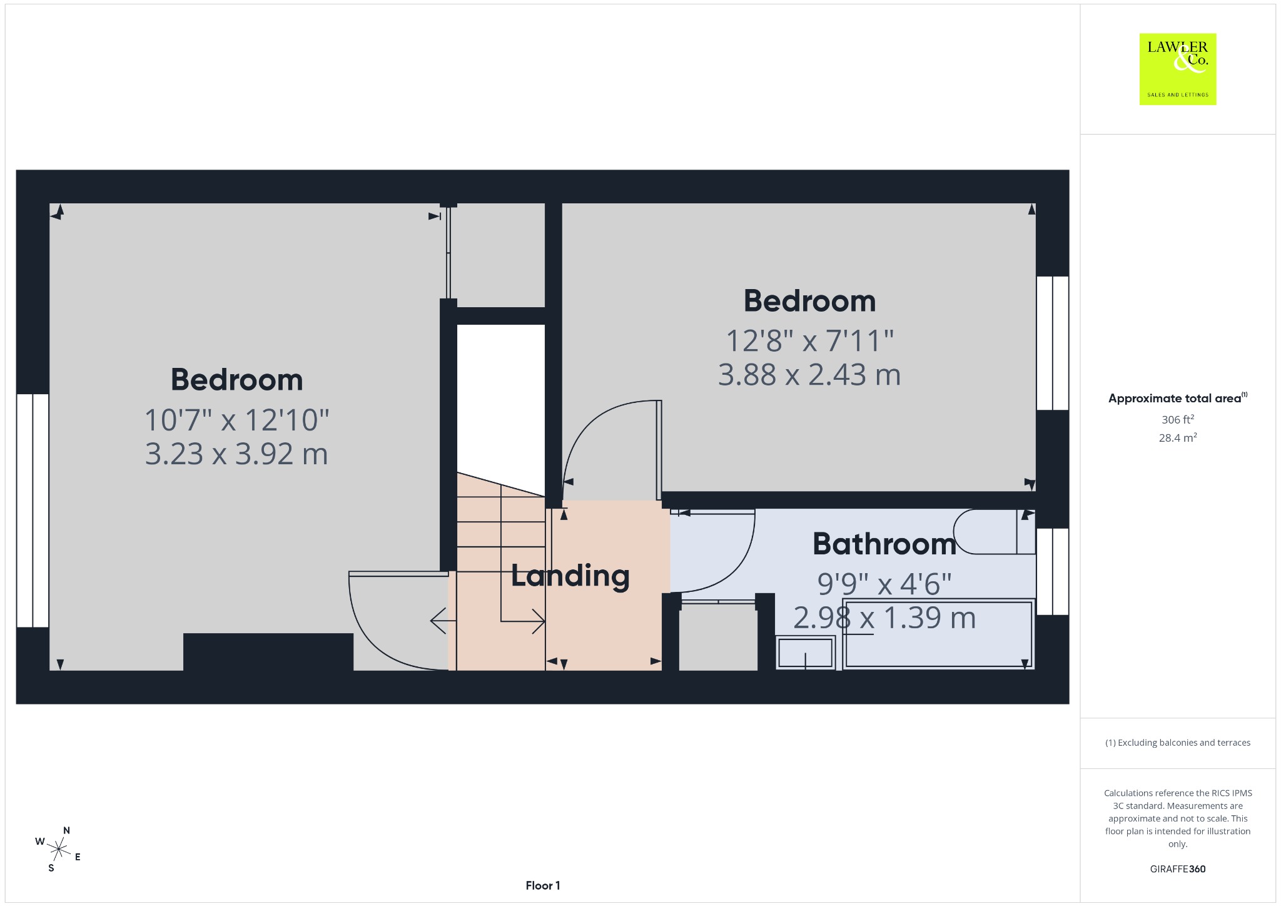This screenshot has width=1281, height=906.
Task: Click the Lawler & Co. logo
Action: pyautogui.click(x=1178, y=69)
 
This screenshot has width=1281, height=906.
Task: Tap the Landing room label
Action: pyautogui.click(x=570, y=576)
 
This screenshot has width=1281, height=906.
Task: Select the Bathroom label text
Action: pyautogui.click(x=884, y=544)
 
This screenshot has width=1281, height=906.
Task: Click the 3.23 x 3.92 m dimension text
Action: pyautogui.click(x=236, y=454)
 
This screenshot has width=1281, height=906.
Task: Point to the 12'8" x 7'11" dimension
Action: pyautogui.click(x=809, y=341)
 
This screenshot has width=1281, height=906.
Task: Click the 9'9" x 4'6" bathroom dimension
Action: pyautogui.click(x=884, y=584)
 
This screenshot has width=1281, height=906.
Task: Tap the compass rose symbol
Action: pyautogui.click(x=58, y=849)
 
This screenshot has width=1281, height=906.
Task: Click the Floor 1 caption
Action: pyautogui.click(x=543, y=885)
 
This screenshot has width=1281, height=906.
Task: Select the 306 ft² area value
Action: pyautogui.click(x=1178, y=419)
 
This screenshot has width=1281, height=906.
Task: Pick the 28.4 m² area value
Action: pyautogui.click(x=1178, y=437)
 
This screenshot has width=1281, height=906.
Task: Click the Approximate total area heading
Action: pyautogui.click(x=1178, y=398)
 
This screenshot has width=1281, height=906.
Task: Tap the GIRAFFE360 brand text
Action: pyautogui.click(x=1178, y=868)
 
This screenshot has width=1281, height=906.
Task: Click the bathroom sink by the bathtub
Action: pyautogui.click(x=806, y=653)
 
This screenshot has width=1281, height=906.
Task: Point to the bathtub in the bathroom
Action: pyautogui.click(x=938, y=634)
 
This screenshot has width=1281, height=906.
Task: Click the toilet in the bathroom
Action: pyautogui.click(x=995, y=532)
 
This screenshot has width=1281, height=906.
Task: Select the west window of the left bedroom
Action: pyautogui.click(x=33, y=510)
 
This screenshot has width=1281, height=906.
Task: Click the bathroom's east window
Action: pyautogui.click(x=1053, y=572)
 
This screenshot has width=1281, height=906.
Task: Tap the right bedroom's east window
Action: pyautogui.click(x=1053, y=343)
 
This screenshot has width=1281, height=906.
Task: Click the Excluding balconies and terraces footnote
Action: pyautogui.click(x=1178, y=743)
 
